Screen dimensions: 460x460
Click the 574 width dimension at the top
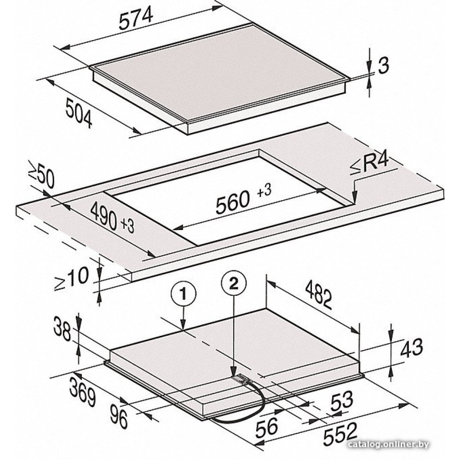136,18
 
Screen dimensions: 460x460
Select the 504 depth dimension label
79,113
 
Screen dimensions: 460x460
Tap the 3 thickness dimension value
383,65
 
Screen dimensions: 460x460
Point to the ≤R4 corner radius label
369,165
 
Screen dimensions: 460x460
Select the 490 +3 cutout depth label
112,218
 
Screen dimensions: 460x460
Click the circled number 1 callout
184,294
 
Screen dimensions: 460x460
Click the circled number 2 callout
234,283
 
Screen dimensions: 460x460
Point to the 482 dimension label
319,295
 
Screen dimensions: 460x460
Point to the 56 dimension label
267,429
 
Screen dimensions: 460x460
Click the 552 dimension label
340,434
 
